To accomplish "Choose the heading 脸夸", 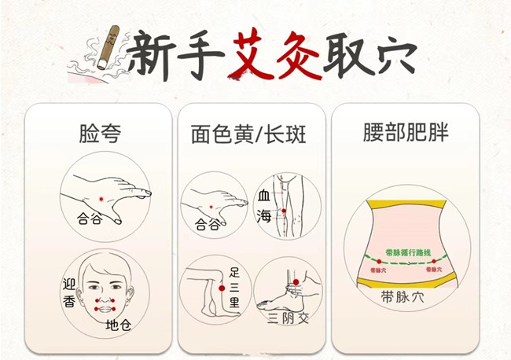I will (99, 133).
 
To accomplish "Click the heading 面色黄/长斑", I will (248, 134).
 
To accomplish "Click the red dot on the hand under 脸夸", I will (100, 193).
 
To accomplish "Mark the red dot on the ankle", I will (294, 282).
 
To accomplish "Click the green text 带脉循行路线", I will (408, 253).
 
